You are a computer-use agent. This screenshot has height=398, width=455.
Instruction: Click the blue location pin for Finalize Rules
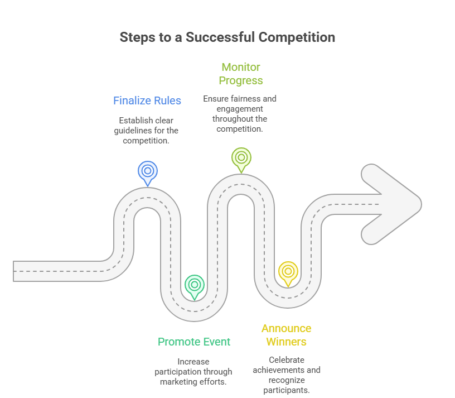[x=148, y=171]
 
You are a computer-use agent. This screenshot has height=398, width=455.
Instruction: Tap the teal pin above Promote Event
[x=194, y=285]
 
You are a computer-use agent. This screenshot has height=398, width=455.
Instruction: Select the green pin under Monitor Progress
[x=241, y=157]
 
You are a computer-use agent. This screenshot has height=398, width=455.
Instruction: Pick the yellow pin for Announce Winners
[x=288, y=271]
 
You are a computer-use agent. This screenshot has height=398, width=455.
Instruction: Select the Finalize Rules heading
[x=147, y=100]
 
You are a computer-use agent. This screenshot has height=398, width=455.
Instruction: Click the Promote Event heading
[x=194, y=342]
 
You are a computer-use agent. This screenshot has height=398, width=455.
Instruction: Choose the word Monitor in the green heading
[x=241, y=67]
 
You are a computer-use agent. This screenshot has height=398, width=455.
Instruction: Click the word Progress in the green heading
[x=241, y=80]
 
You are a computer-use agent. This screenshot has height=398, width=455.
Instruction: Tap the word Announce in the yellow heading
[x=287, y=328]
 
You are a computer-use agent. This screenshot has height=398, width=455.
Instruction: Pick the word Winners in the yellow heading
[x=287, y=342]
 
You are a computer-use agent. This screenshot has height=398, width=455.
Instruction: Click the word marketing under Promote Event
[x=179, y=382]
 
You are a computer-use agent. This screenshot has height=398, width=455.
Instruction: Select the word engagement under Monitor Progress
[x=240, y=109]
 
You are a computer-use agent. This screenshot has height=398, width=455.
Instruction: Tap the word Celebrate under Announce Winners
[x=287, y=360]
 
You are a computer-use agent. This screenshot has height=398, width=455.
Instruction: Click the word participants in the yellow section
[x=287, y=390]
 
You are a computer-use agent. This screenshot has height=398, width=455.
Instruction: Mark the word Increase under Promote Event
[x=193, y=362]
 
